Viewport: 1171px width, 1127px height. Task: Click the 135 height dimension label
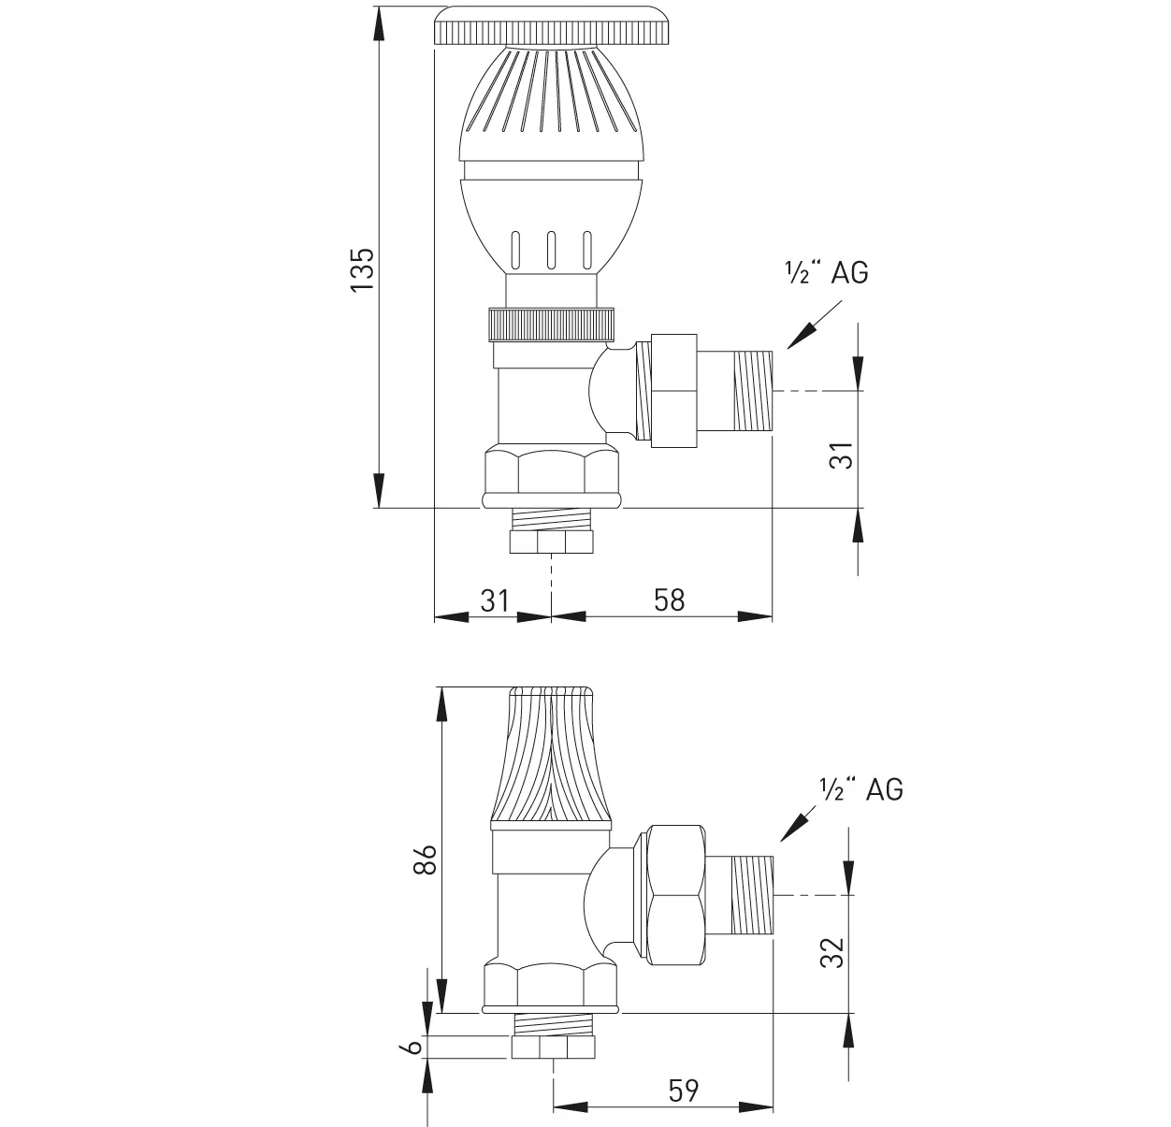coord(362,269)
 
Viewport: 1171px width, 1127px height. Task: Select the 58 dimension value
coord(669,599)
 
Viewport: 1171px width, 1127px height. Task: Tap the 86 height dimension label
coord(425,859)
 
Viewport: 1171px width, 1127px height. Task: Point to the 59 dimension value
coord(685,1090)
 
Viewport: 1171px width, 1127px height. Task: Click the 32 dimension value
coord(832,952)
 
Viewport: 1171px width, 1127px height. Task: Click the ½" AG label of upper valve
coord(826,272)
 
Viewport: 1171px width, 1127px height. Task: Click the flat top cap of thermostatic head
coord(552,29)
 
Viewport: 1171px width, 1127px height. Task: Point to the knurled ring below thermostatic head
coord(552,325)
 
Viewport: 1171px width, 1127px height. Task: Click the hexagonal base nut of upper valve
coord(552,475)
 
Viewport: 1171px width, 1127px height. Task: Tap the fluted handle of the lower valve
coord(552,758)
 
